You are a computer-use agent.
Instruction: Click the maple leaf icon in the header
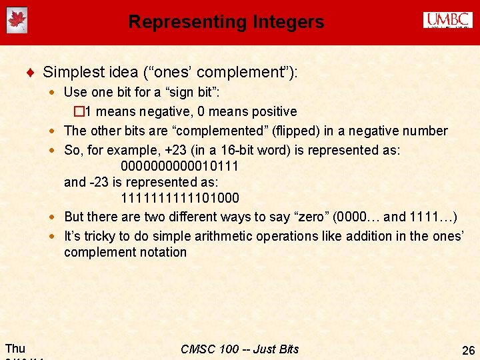[x=17, y=20]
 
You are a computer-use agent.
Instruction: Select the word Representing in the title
[x=186, y=22]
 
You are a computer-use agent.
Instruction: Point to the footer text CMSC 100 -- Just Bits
[x=240, y=349]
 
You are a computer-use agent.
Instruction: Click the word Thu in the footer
[x=15, y=348]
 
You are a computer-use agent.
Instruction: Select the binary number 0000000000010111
[x=179, y=165]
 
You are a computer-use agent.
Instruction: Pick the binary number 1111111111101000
[x=179, y=199]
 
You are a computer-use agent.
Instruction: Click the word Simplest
[x=71, y=72]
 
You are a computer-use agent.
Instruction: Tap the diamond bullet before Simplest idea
[x=32, y=72]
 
